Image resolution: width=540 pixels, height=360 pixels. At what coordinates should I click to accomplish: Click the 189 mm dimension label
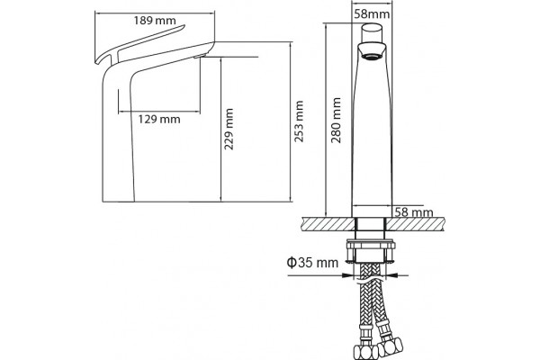(155, 21)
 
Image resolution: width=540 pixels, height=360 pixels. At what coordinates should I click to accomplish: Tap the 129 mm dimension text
(159, 119)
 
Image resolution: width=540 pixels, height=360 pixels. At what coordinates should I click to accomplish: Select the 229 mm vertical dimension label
(229, 129)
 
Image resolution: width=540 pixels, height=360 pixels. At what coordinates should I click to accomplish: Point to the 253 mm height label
(299, 121)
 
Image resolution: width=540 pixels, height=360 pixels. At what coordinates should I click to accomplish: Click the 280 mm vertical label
(336, 121)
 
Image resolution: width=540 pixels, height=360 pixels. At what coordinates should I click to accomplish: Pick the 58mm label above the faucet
(372, 14)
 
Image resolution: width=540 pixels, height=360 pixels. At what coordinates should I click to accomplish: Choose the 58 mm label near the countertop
(414, 211)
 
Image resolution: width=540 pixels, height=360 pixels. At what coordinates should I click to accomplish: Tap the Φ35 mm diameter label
(312, 263)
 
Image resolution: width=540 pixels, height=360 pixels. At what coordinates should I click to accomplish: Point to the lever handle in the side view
(141, 42)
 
